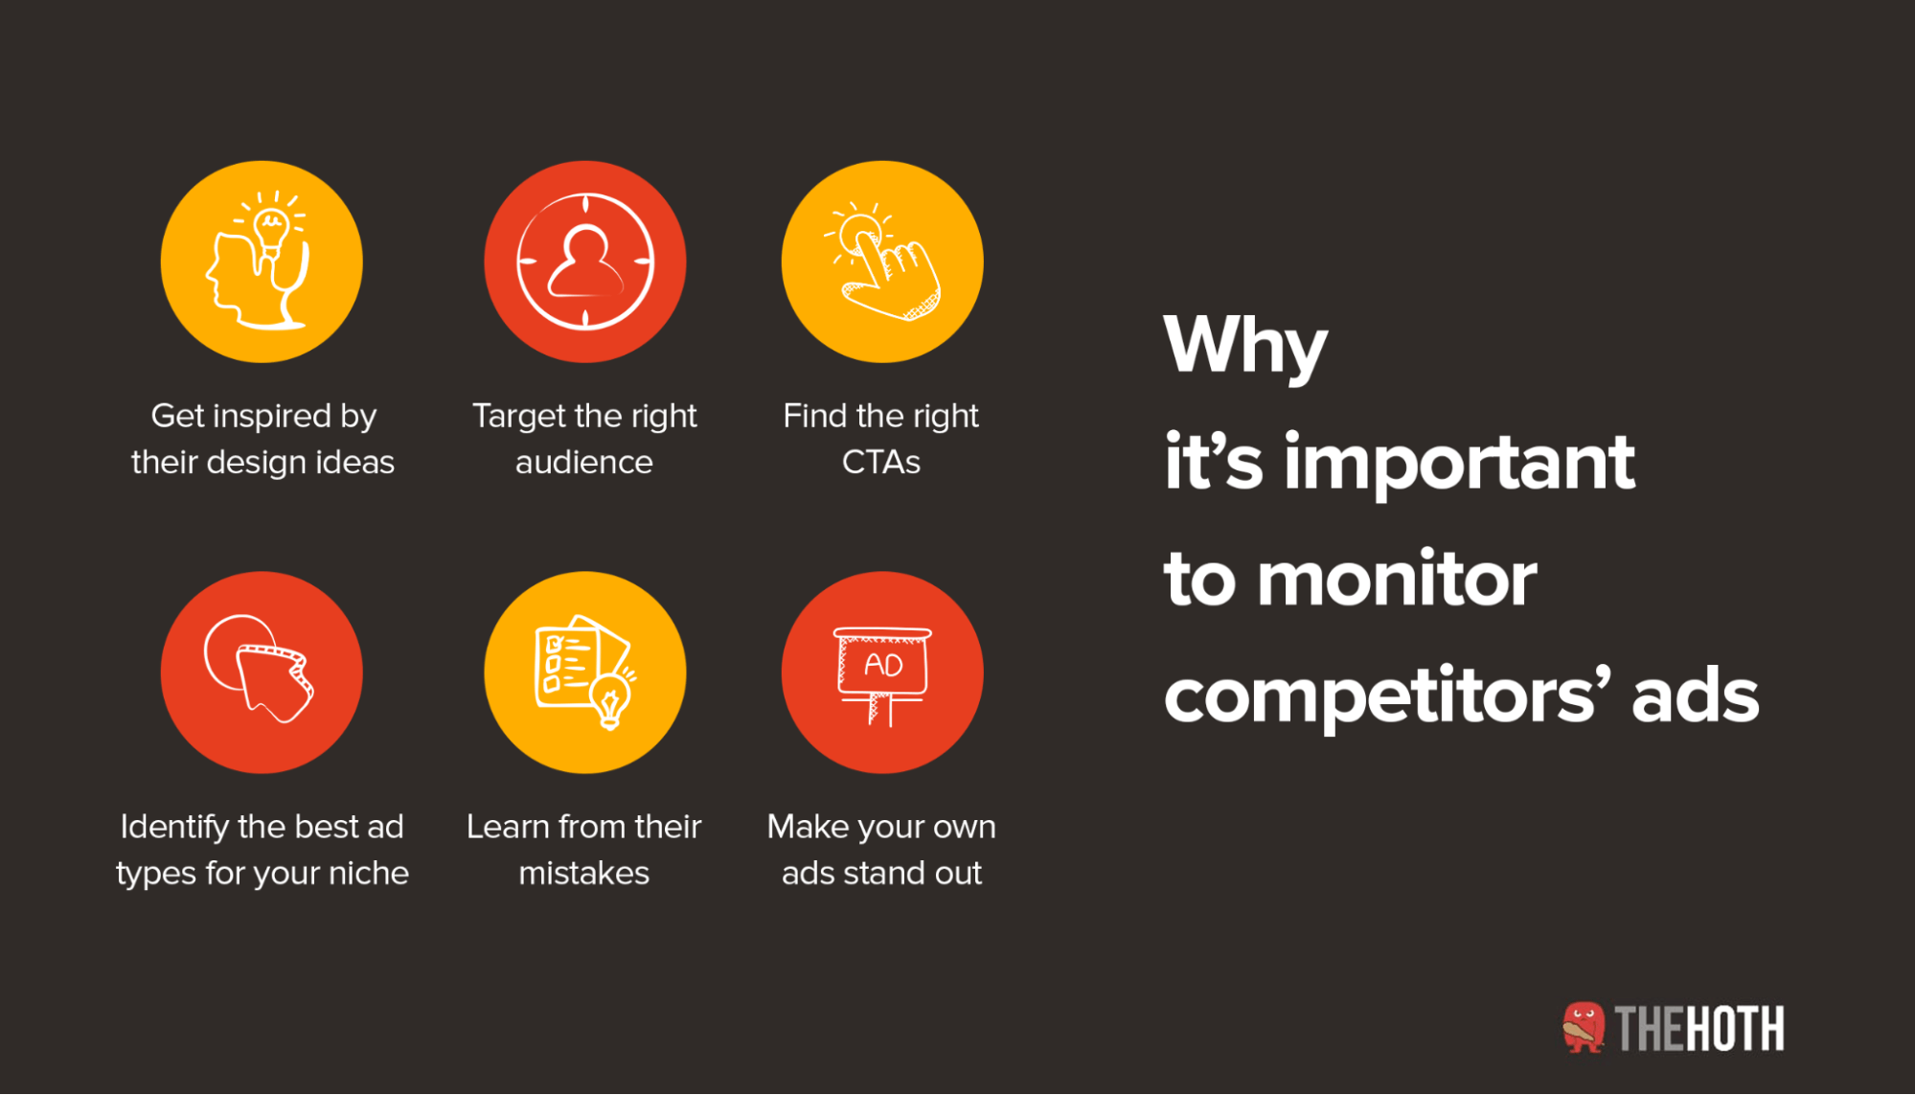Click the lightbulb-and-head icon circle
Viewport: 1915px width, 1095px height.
click(x=262, y=262)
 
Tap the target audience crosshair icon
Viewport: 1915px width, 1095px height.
click(x=585, y=262)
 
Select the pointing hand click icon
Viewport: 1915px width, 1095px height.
click(x=882, y=262)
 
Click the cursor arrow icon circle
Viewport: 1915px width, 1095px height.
click(x=262, y=673)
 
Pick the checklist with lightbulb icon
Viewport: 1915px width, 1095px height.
click(x=585, y=673)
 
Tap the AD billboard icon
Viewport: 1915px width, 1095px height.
click(x=882, y=673)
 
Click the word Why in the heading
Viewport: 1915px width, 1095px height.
click(x=1245, y=347)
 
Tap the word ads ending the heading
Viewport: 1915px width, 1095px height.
click(x=1695, y=696)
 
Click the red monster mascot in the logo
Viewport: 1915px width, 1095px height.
click(x=1584, y=1027)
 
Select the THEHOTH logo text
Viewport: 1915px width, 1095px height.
click(x=1698, y=1029)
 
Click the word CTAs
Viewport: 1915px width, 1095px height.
click(x=881, y=463)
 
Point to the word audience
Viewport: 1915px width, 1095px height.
click(x=584, y=463)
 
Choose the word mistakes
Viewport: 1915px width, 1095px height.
click(x=584, y=874)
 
